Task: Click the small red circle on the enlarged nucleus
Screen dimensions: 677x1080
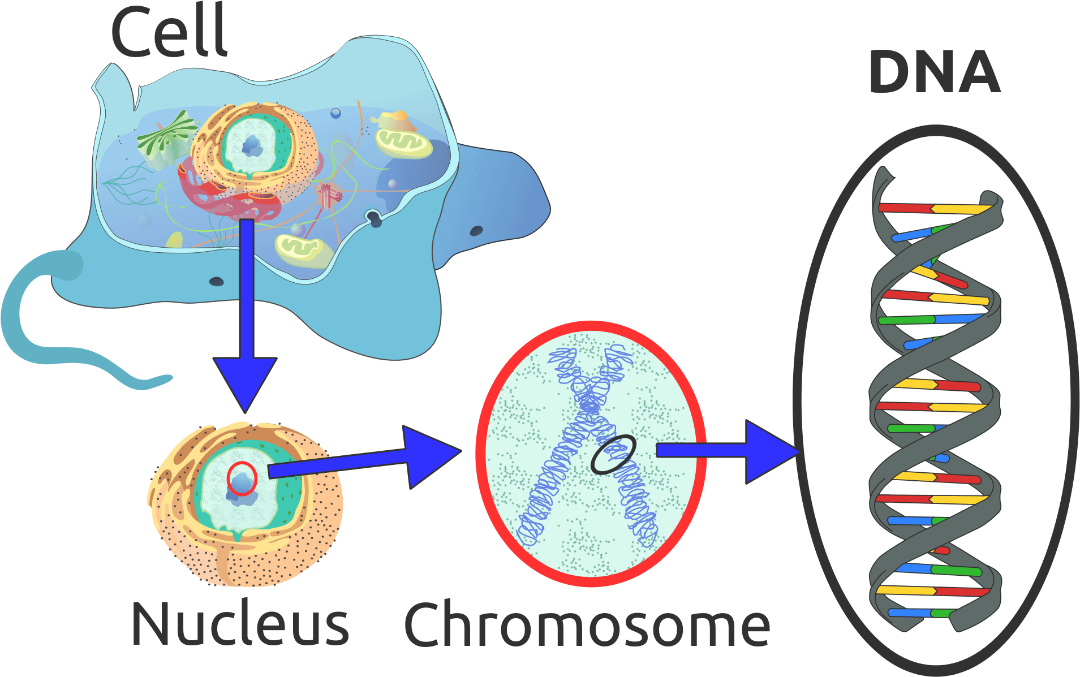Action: coord(242,478)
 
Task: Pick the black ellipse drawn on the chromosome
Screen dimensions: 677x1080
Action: coord(613,454)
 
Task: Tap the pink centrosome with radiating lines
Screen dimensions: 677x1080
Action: coord(329,196)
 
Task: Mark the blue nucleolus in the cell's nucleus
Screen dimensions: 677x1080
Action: coord(252,146)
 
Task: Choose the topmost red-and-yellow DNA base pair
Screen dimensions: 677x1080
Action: coord(936,209)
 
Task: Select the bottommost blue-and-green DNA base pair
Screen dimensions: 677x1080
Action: coord(919,613)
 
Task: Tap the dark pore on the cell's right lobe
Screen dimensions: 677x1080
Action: coord(476,231)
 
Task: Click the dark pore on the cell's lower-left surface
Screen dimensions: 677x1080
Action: coord(217,281)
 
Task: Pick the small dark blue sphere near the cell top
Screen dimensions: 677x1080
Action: coord(335,113)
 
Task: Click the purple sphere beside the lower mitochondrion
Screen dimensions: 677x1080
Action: coord(296,230)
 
